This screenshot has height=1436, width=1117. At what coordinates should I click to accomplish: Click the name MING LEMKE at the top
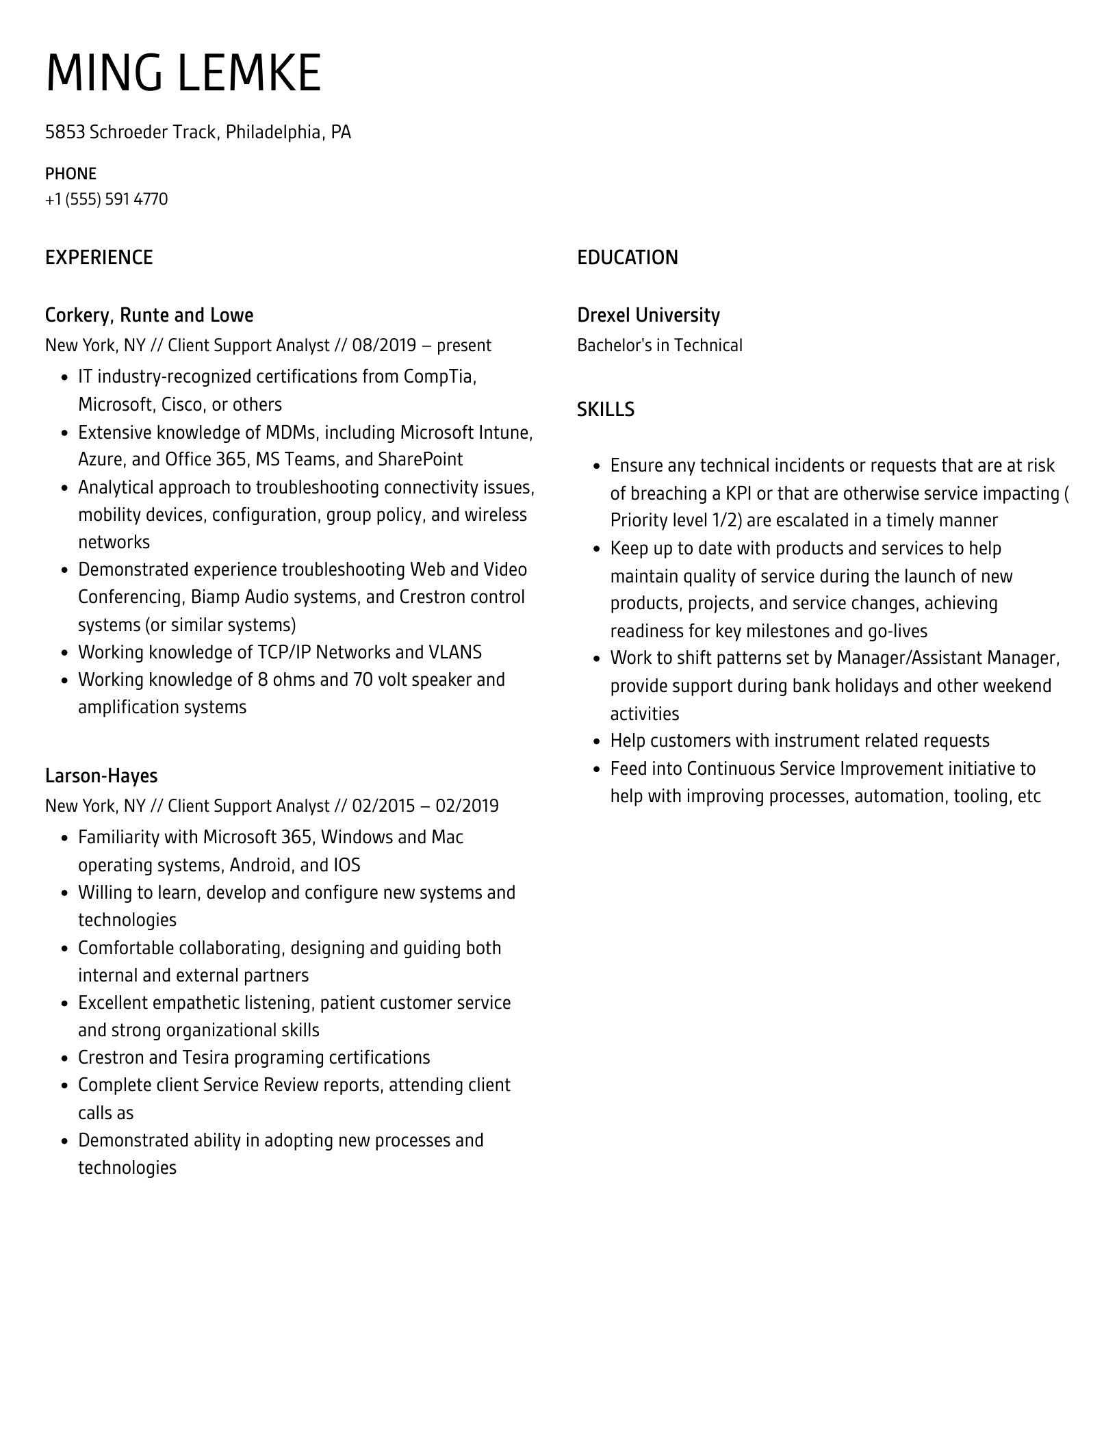tap(183, 73)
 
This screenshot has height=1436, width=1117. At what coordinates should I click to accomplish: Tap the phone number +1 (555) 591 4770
tap(106, 199)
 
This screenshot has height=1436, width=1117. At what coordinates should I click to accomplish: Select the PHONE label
tap(70, 173)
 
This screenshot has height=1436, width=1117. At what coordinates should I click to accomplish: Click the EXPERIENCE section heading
tap(99, 257)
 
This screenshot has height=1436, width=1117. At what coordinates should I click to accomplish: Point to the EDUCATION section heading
tap(627, 257)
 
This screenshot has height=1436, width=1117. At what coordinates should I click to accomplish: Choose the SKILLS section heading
tap(605, 409)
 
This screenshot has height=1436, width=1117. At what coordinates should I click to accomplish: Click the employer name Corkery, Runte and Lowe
tap(149, 315)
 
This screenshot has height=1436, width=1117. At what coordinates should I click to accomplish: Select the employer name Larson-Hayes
tap(101, 775)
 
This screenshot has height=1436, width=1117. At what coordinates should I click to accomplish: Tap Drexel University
tap(648, 315)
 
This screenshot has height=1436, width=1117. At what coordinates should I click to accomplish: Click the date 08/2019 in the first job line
tap(384, 345)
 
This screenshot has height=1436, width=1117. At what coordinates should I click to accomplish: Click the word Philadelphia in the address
tap(273, 131)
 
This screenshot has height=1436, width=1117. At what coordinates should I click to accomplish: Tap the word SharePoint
tap(420, 459)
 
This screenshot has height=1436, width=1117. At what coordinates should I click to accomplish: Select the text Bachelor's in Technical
tap(659, 345)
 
